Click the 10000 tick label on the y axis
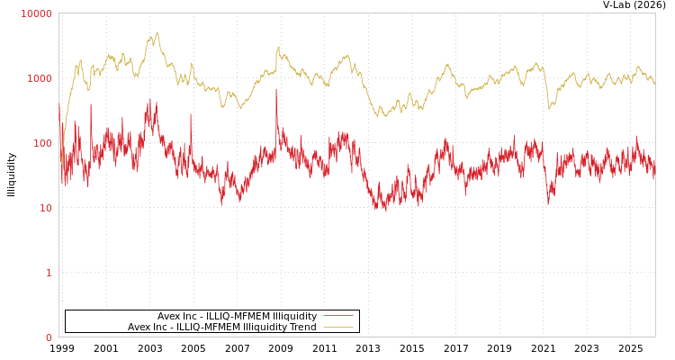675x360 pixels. pos(36,13)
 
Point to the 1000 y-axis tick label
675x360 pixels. pos(39,78)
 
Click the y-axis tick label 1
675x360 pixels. pos(49,273)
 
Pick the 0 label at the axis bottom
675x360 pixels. pos(49,337)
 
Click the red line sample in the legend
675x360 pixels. pos(337,316)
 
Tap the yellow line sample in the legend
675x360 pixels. pos(337,327)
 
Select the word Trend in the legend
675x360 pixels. pos(301,327)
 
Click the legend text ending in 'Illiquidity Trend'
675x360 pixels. pos(222,327)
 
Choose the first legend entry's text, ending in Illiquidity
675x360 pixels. pos(238,316)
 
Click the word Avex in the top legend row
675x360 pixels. pos(168,316)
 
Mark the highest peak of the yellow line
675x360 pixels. pos(157,33)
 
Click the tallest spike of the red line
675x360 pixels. pos(276,88)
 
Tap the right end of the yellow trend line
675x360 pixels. pos(654,84)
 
